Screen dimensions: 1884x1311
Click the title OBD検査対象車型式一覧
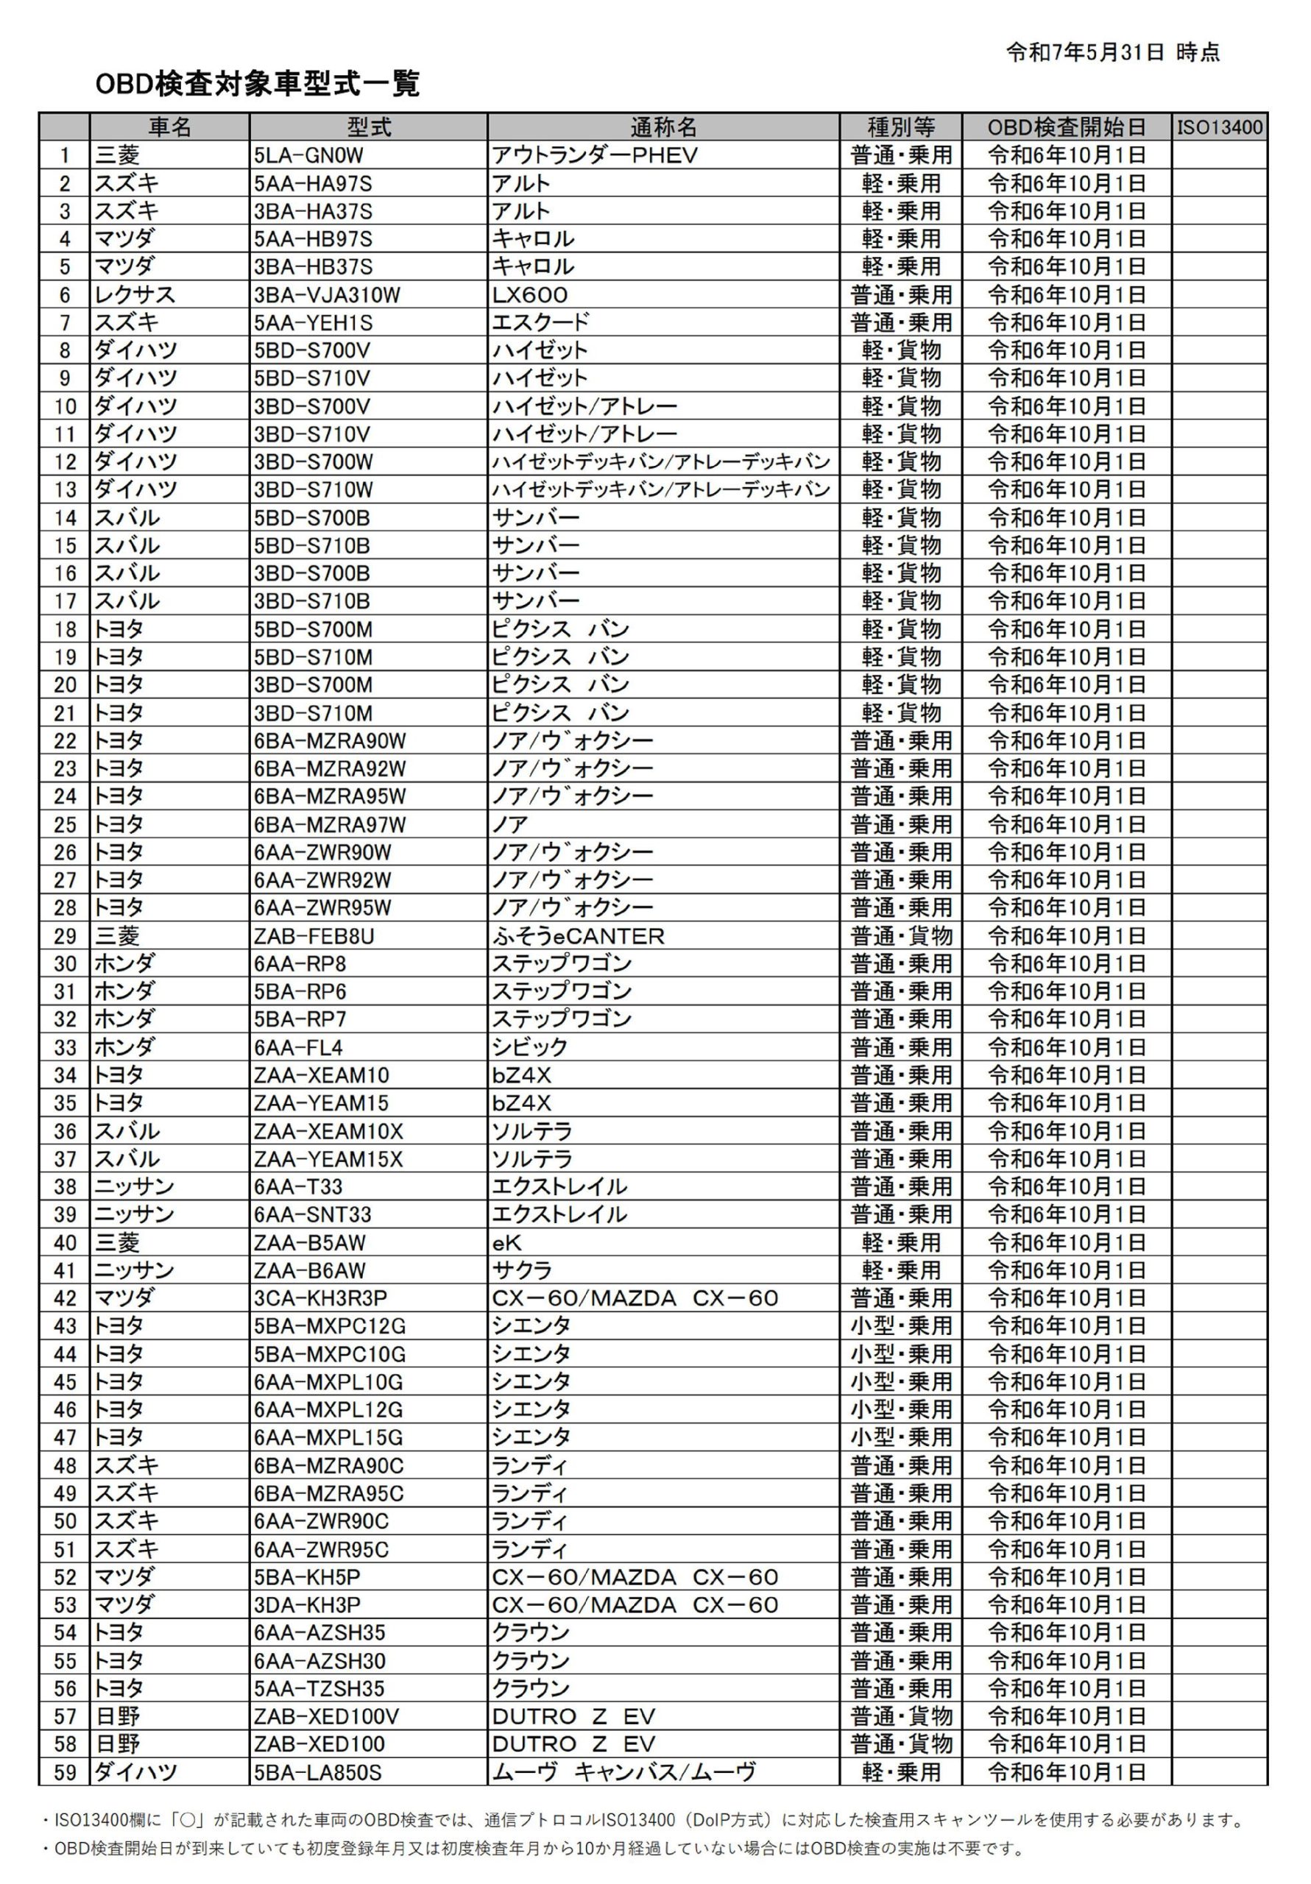tap(257, 84)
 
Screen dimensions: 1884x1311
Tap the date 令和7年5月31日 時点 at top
tap(1112, 52)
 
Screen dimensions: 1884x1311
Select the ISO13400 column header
tap(1219, 127)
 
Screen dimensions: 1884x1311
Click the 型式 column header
tap(369, 127)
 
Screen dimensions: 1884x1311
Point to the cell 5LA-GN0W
tap(308, 155)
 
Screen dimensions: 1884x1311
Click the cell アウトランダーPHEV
tap(594, 155)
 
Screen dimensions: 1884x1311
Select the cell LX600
tap(530, 294)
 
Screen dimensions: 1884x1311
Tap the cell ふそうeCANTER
tap(578, 935)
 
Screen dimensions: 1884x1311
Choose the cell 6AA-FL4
tap(298, 1047)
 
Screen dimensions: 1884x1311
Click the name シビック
tap(529, 1047)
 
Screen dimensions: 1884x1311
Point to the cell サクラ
tap(522, 1270)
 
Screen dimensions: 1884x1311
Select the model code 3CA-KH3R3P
tap(320, 1298)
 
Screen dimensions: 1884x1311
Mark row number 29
tap(65, 935)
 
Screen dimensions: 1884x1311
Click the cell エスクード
tap(540, 322)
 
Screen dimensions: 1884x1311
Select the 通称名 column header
tap(663, 127)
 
